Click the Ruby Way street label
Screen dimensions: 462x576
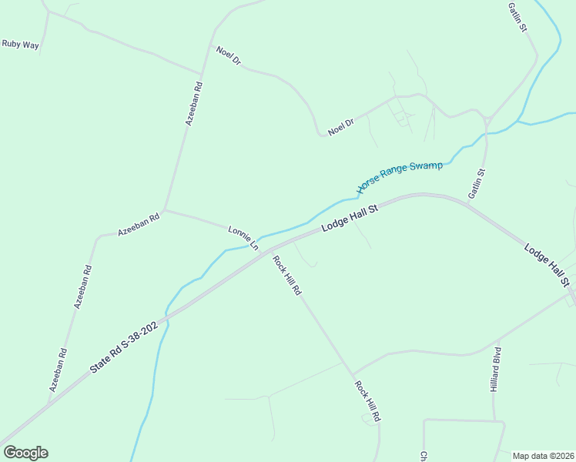click(20, 44)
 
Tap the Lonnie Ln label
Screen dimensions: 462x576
click(243, 238)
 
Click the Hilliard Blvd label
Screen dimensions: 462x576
click(496, 371)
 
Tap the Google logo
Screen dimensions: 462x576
click(25, 453)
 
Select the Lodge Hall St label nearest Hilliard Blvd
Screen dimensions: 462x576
click(548, 265)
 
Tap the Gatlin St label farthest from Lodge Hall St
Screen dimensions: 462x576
click(517, 16)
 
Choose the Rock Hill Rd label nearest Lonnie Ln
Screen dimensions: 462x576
click(286, 275)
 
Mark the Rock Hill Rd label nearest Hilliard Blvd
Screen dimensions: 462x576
click(367, 400)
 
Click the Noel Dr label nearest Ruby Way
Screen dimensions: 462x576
click(229, 56)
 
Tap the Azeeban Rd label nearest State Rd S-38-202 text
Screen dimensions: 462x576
click(59, 370)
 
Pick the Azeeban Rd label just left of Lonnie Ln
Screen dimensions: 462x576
click(139, 223)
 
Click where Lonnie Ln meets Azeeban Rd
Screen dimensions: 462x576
click(164, 209)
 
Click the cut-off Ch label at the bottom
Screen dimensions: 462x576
click(423, 456)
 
